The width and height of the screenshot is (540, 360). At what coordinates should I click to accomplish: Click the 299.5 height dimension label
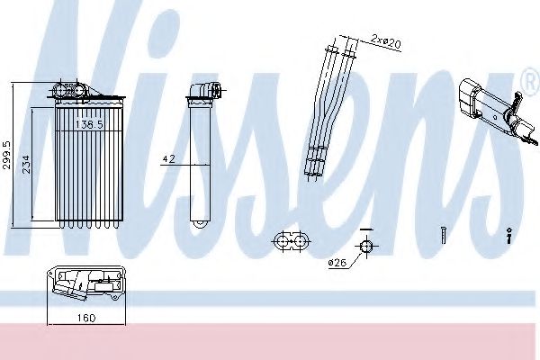pyautogui.click(x=6, y=155)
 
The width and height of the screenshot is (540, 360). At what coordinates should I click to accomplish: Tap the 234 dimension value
pyautogui.click(x=26, y=165)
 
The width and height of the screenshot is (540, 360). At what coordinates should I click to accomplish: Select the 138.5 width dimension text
pyautogui.click(x=89, y=124)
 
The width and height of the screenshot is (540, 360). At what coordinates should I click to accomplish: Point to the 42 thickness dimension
pyautogui.click(x=169, y=158)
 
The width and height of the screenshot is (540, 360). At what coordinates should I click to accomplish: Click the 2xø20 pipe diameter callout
pyautogui.click(x=386, y=42)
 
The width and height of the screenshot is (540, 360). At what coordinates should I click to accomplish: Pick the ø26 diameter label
pyautogui.click(x=337, y=263)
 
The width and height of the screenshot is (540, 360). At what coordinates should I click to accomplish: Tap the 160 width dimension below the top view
pyautogui.click(x=86, y=318)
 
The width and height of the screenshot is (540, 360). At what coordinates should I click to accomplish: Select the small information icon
pyautogui.click(x=509, y=236)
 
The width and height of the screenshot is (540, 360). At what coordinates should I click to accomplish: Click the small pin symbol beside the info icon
pyautogui.click(x=443, y=235)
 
